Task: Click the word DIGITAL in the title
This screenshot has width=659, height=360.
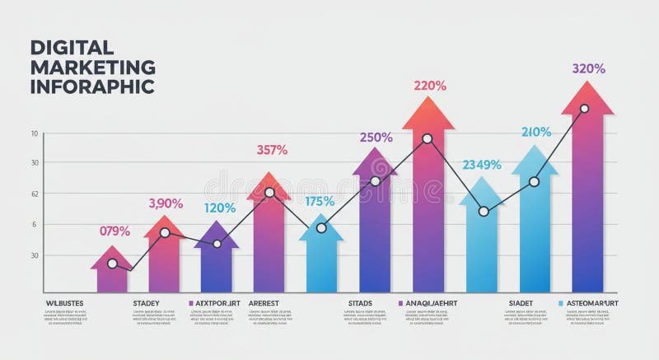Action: point(72,48)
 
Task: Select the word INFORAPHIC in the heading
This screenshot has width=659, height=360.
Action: point(92,86)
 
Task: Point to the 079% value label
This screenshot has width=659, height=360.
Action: point(115,231)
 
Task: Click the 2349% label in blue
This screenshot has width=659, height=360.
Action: point(482,164)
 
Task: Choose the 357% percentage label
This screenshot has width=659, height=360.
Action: point(272,150)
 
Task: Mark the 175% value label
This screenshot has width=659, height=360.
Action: point(320,201)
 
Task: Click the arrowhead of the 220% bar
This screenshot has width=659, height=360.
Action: point(428,114)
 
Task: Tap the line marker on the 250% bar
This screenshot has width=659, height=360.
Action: point(375,181)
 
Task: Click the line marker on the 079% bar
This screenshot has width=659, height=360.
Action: point(112,264)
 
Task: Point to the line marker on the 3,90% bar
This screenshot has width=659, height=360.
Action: point(165,233)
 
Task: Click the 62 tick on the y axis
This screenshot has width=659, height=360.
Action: point(35,194)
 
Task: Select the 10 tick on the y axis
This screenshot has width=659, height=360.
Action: point(35,133)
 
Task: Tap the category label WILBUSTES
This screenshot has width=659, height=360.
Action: point(63,303)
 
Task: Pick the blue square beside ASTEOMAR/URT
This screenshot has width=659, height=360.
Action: point(561,303)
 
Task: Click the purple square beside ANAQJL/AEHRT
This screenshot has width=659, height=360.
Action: point(400,303)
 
